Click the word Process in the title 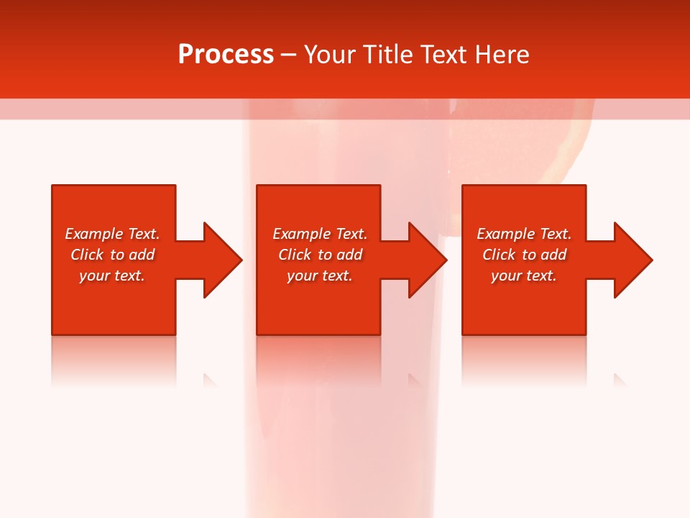[226, 55]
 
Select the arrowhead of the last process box [632, 260]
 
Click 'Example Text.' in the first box [112, 234]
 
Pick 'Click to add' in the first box [112, 255]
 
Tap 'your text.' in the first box [112, 276]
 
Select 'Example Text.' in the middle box [319, 234]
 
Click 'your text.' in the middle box [319, 276]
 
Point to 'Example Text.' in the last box [524, 234]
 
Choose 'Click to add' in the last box [524, 255]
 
